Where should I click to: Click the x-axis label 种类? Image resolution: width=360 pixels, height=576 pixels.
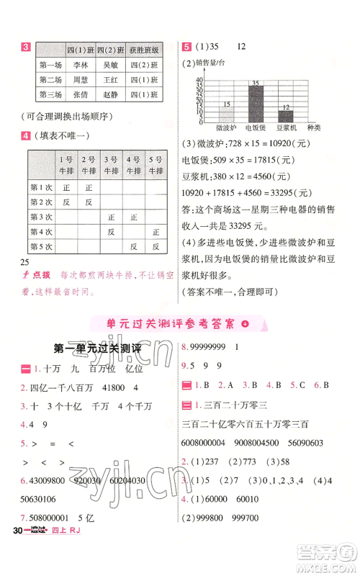coord(314,129)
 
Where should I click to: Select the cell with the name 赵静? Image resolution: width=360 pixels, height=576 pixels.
coord(110,94)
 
